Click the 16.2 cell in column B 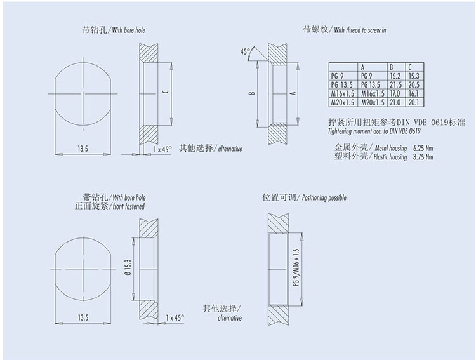pyautogui.click(x=395, y=76)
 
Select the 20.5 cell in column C pyautogui.click(x=414, y=84)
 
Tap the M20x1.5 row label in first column pyautogui.click(x=343, y=102)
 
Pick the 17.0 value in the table pyautogui.click(x=395, y=93)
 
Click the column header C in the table pyautogui.click(x=410, y=67)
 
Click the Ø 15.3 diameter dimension pyautogui.click(x=128, y=267)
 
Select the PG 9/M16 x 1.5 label pyautogui.click(x=296, y=268)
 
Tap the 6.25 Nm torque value pyautogui.click(x=423, y=148)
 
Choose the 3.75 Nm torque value pyautogui.click(x=423, y=157)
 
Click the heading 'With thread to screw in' pyautogui.click(x=360, y=30)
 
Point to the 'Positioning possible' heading pyautogui.click(x=324, y=197)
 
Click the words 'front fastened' pyautogui.click(x=129, y=206)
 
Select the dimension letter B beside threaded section pyautogui.click(x=252, y=93)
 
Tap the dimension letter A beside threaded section pyautogui.click(x=293, y=93)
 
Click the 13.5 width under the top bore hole pyautogui.click(x=83, y=149)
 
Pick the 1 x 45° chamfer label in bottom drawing pyautogui.click(x=175, y=317)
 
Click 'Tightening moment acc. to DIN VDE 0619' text pyautogui.click(x=374, y=131)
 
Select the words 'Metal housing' pyautogui.click(x=391, y=148)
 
